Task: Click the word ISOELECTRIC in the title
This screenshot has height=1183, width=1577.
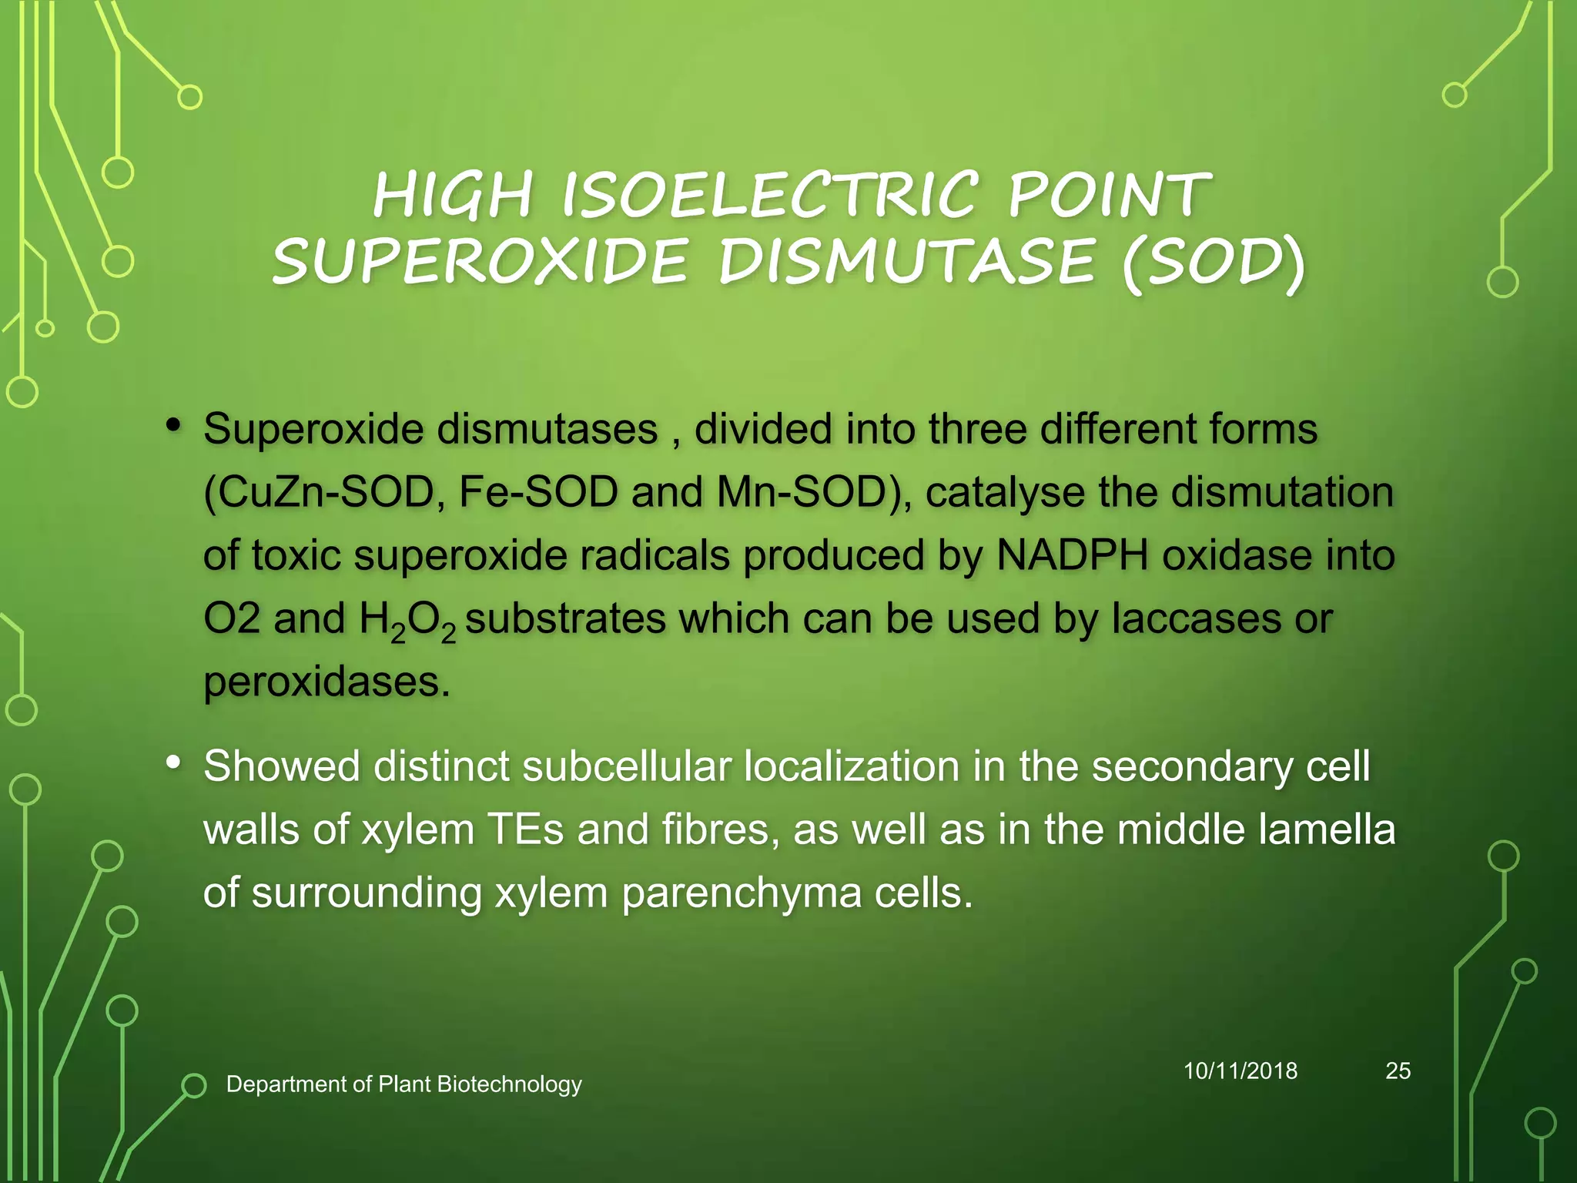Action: [770, 194]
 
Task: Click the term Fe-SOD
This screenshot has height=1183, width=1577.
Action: [538, 493]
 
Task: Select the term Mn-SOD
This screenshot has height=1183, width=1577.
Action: [802, 493]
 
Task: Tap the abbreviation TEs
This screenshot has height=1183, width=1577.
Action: [526, 830]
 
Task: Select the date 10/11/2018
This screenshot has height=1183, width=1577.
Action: [1240, 1071]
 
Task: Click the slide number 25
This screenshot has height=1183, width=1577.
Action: [1398, 1071]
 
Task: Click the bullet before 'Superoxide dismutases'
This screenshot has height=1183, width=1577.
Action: [173, 424]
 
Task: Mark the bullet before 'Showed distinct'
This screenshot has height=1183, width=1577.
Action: [173, 762]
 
